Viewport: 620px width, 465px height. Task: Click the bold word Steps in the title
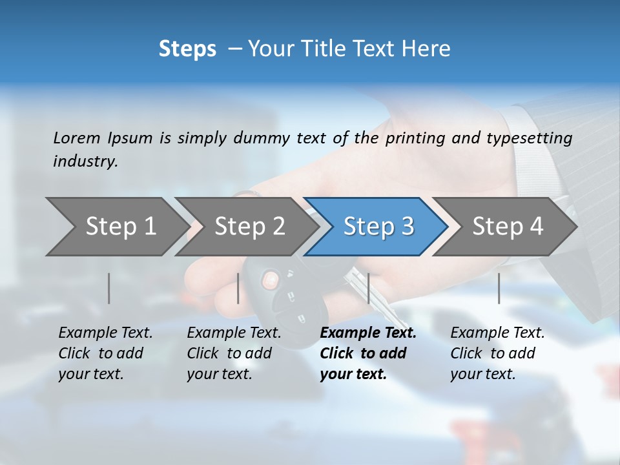187,49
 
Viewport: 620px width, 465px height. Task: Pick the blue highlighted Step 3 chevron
378,226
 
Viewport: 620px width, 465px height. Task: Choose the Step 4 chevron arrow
508,226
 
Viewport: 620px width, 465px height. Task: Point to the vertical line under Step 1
109,288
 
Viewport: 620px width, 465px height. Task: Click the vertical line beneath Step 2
238,288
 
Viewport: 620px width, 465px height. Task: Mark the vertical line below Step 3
368,288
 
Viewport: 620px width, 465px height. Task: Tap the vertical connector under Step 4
499,288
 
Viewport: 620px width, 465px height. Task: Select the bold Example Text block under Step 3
367,353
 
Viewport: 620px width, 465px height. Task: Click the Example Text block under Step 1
105,353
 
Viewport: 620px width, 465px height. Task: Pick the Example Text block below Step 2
234,353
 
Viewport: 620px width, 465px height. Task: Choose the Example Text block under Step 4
497,353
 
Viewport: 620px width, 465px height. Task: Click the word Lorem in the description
77,138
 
